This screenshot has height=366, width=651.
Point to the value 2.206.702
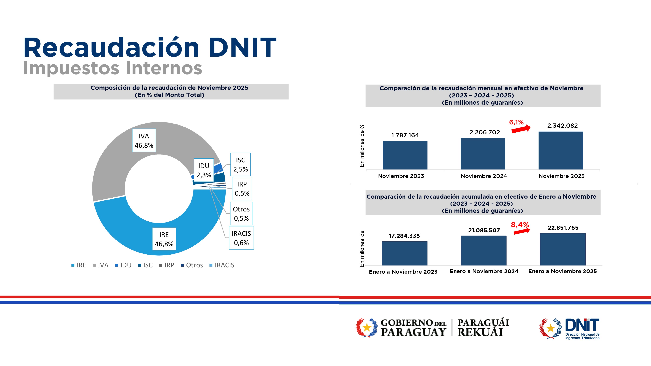pyautogui.click(x=485, y=132)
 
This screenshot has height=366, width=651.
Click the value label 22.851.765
pyautogui.click(x=563, y=228)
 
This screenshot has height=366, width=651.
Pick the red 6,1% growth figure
pyautogui.click(x=516, y=122)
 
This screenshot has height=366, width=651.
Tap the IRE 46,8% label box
pyautogui.click(x=164, y=239)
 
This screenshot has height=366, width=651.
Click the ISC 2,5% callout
pyautogui.click(x=240, y=164)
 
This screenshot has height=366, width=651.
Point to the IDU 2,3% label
pyautogui.click(x=204, y=170)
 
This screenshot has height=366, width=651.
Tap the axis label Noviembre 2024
pyautogui.click(x=484, y=176)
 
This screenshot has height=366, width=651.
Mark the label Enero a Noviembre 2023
pyautogui.click(x=403, y=272)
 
